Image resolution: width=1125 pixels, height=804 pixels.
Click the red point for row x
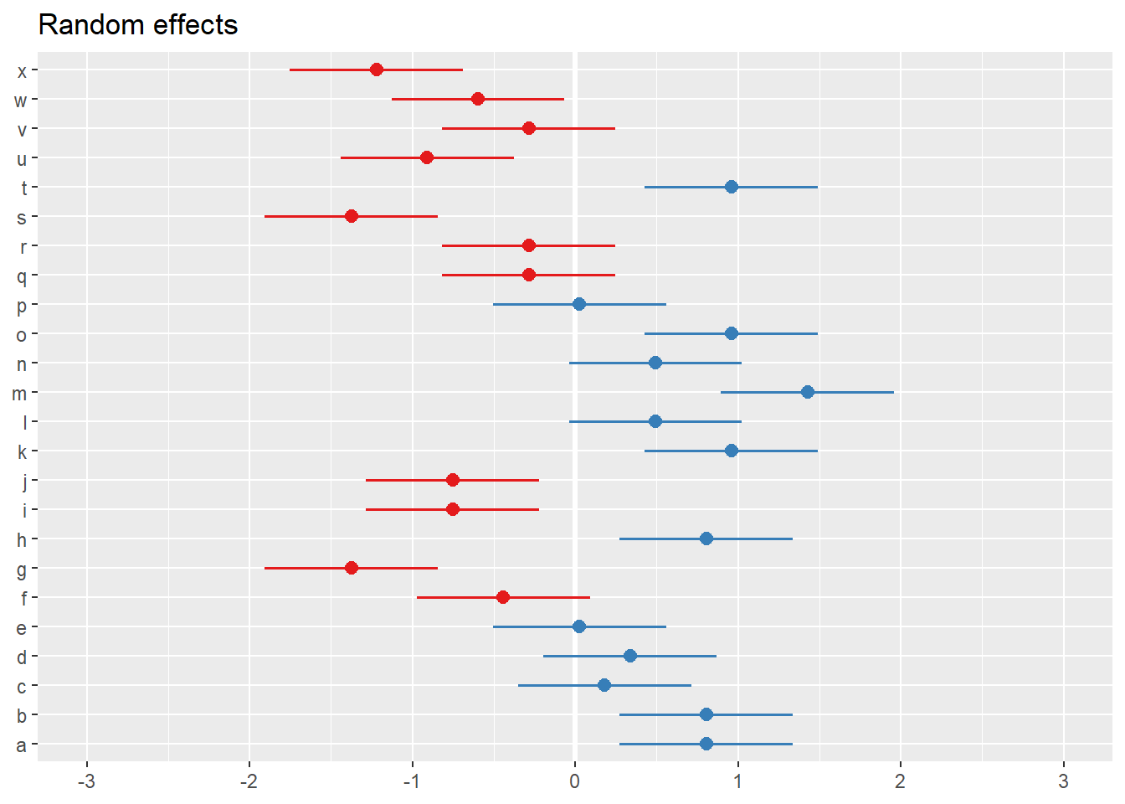(x=377, y=70)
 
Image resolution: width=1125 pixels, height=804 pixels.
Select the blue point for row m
(x=808, y=392)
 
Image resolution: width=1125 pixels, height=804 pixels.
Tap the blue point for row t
(x=732, y=187)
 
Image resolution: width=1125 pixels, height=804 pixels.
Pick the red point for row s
(x=352, y=216)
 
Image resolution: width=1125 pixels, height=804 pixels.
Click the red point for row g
(x=352, y=568)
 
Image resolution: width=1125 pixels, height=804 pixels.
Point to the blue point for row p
(x=579, y=304)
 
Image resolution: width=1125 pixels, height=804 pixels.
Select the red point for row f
(x=503, y=597)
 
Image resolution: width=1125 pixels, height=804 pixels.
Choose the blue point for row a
(x=706, y=744)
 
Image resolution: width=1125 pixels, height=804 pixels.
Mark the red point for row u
(x=427, y=157)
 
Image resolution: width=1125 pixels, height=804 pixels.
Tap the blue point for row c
(x=604, y=685)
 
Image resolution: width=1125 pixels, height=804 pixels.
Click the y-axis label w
(x=21, y=100)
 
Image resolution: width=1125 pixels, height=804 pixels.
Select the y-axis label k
(x=23, y=452)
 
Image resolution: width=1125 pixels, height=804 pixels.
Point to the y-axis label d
(x=22, y=657)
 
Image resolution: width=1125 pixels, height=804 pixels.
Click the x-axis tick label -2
(x=249, y=781)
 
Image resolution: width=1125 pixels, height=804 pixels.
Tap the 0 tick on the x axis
(x=575, y=781)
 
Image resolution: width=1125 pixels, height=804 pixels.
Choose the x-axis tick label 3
(x=1064, y=781)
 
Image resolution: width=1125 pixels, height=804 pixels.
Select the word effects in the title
(x=196, y=25)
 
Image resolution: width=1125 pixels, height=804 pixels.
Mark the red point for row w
(x=478, y=99)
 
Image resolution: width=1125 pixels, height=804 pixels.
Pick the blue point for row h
(x=706, y=539)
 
